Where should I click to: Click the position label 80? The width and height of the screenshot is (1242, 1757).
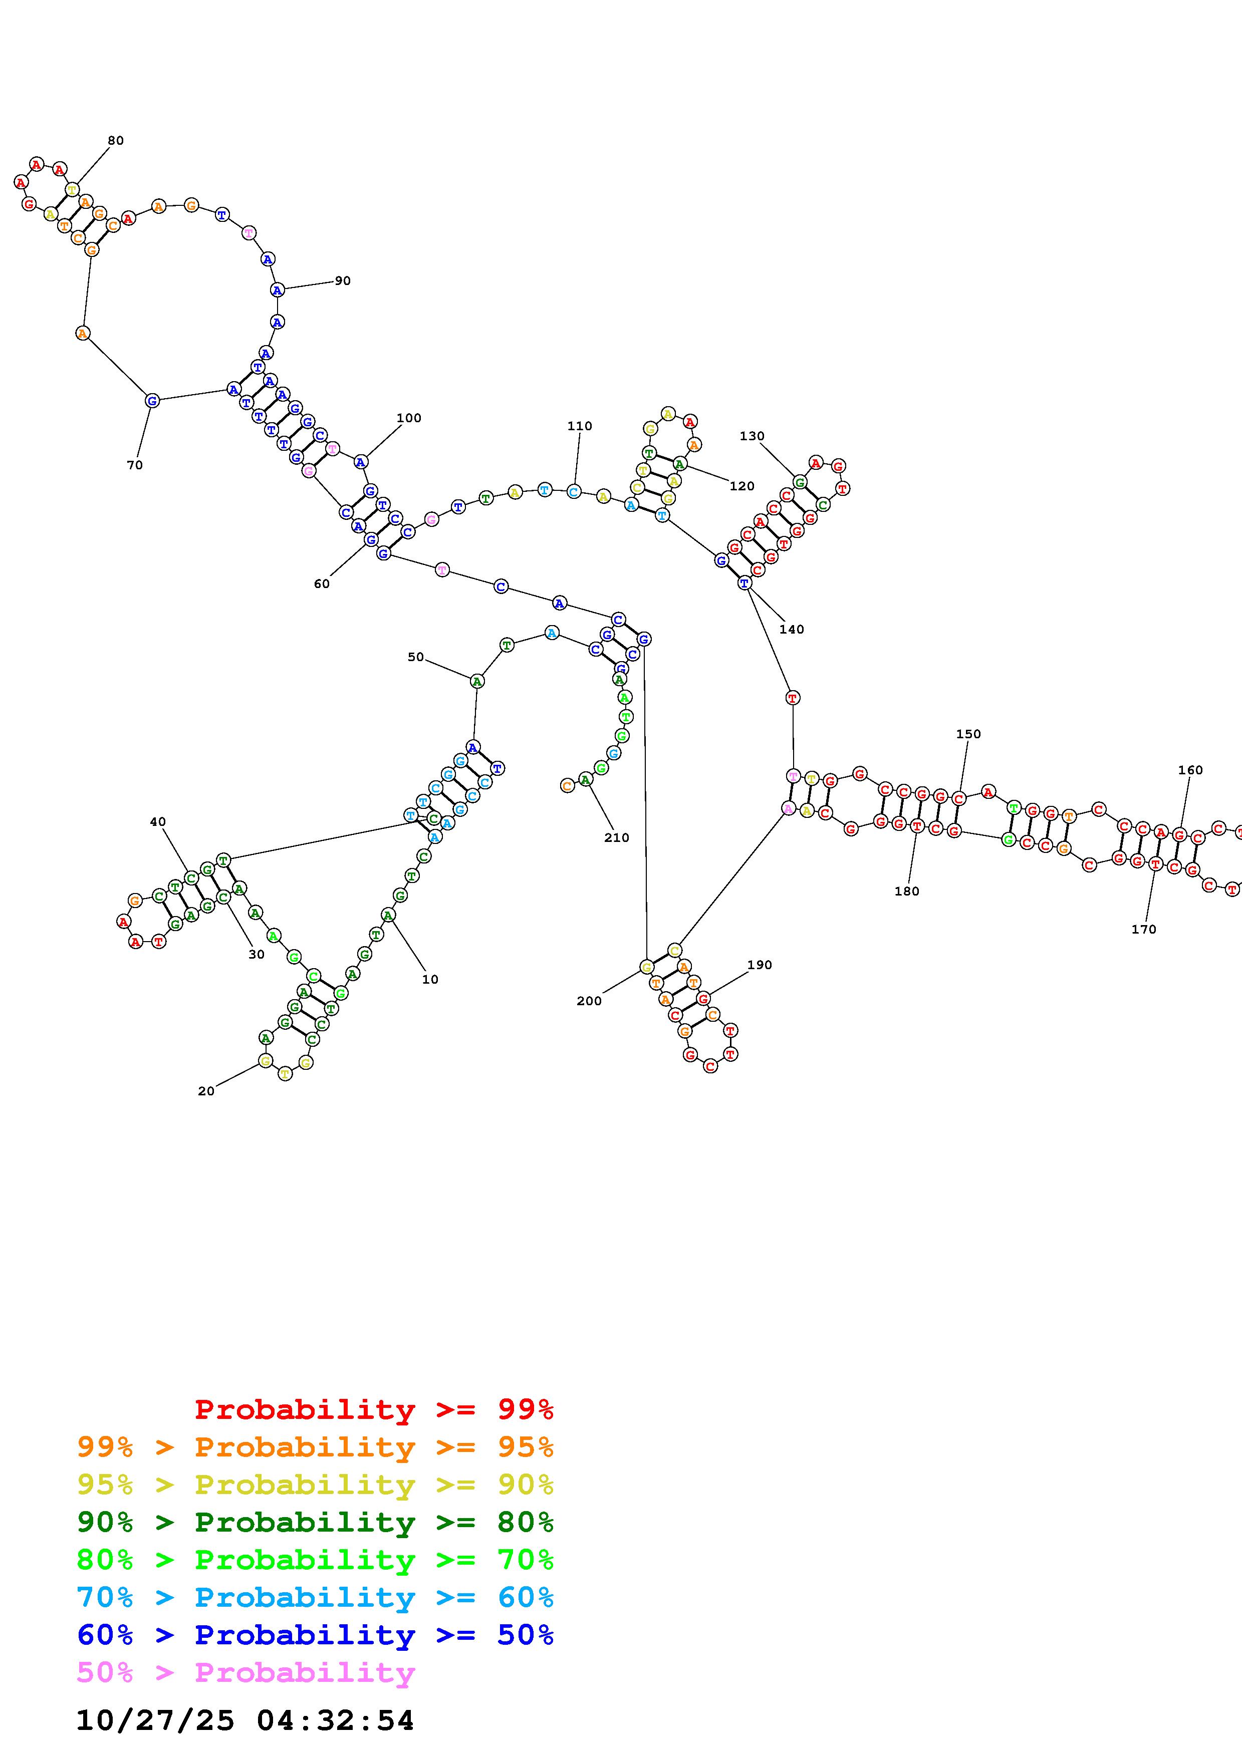coord(116,141)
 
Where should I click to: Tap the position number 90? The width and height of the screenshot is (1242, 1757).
coord(343,281)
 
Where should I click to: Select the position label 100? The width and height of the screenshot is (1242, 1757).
coord(409,418)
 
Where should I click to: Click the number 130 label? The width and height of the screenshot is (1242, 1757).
coord(752,436)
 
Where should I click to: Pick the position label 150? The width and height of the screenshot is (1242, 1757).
coord(968,734)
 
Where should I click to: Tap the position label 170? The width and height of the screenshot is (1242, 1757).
coord(1143,929)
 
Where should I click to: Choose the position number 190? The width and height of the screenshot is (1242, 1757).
coord(759,965)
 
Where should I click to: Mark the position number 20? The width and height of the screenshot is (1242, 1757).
coord(206,1091)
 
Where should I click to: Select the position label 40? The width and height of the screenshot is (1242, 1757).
coord(158,822)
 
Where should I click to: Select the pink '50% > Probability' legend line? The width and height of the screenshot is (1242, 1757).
coord(245,1673)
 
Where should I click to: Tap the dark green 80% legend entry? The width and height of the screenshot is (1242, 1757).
coord(315,1523)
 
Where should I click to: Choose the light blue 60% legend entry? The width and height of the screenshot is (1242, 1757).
coord(315,1598)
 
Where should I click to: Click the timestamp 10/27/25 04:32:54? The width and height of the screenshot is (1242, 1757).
coord(245,1720)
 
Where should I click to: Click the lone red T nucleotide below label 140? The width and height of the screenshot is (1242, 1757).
coord(793,698)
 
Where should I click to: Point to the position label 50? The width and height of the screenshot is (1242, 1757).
coord(415,657)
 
